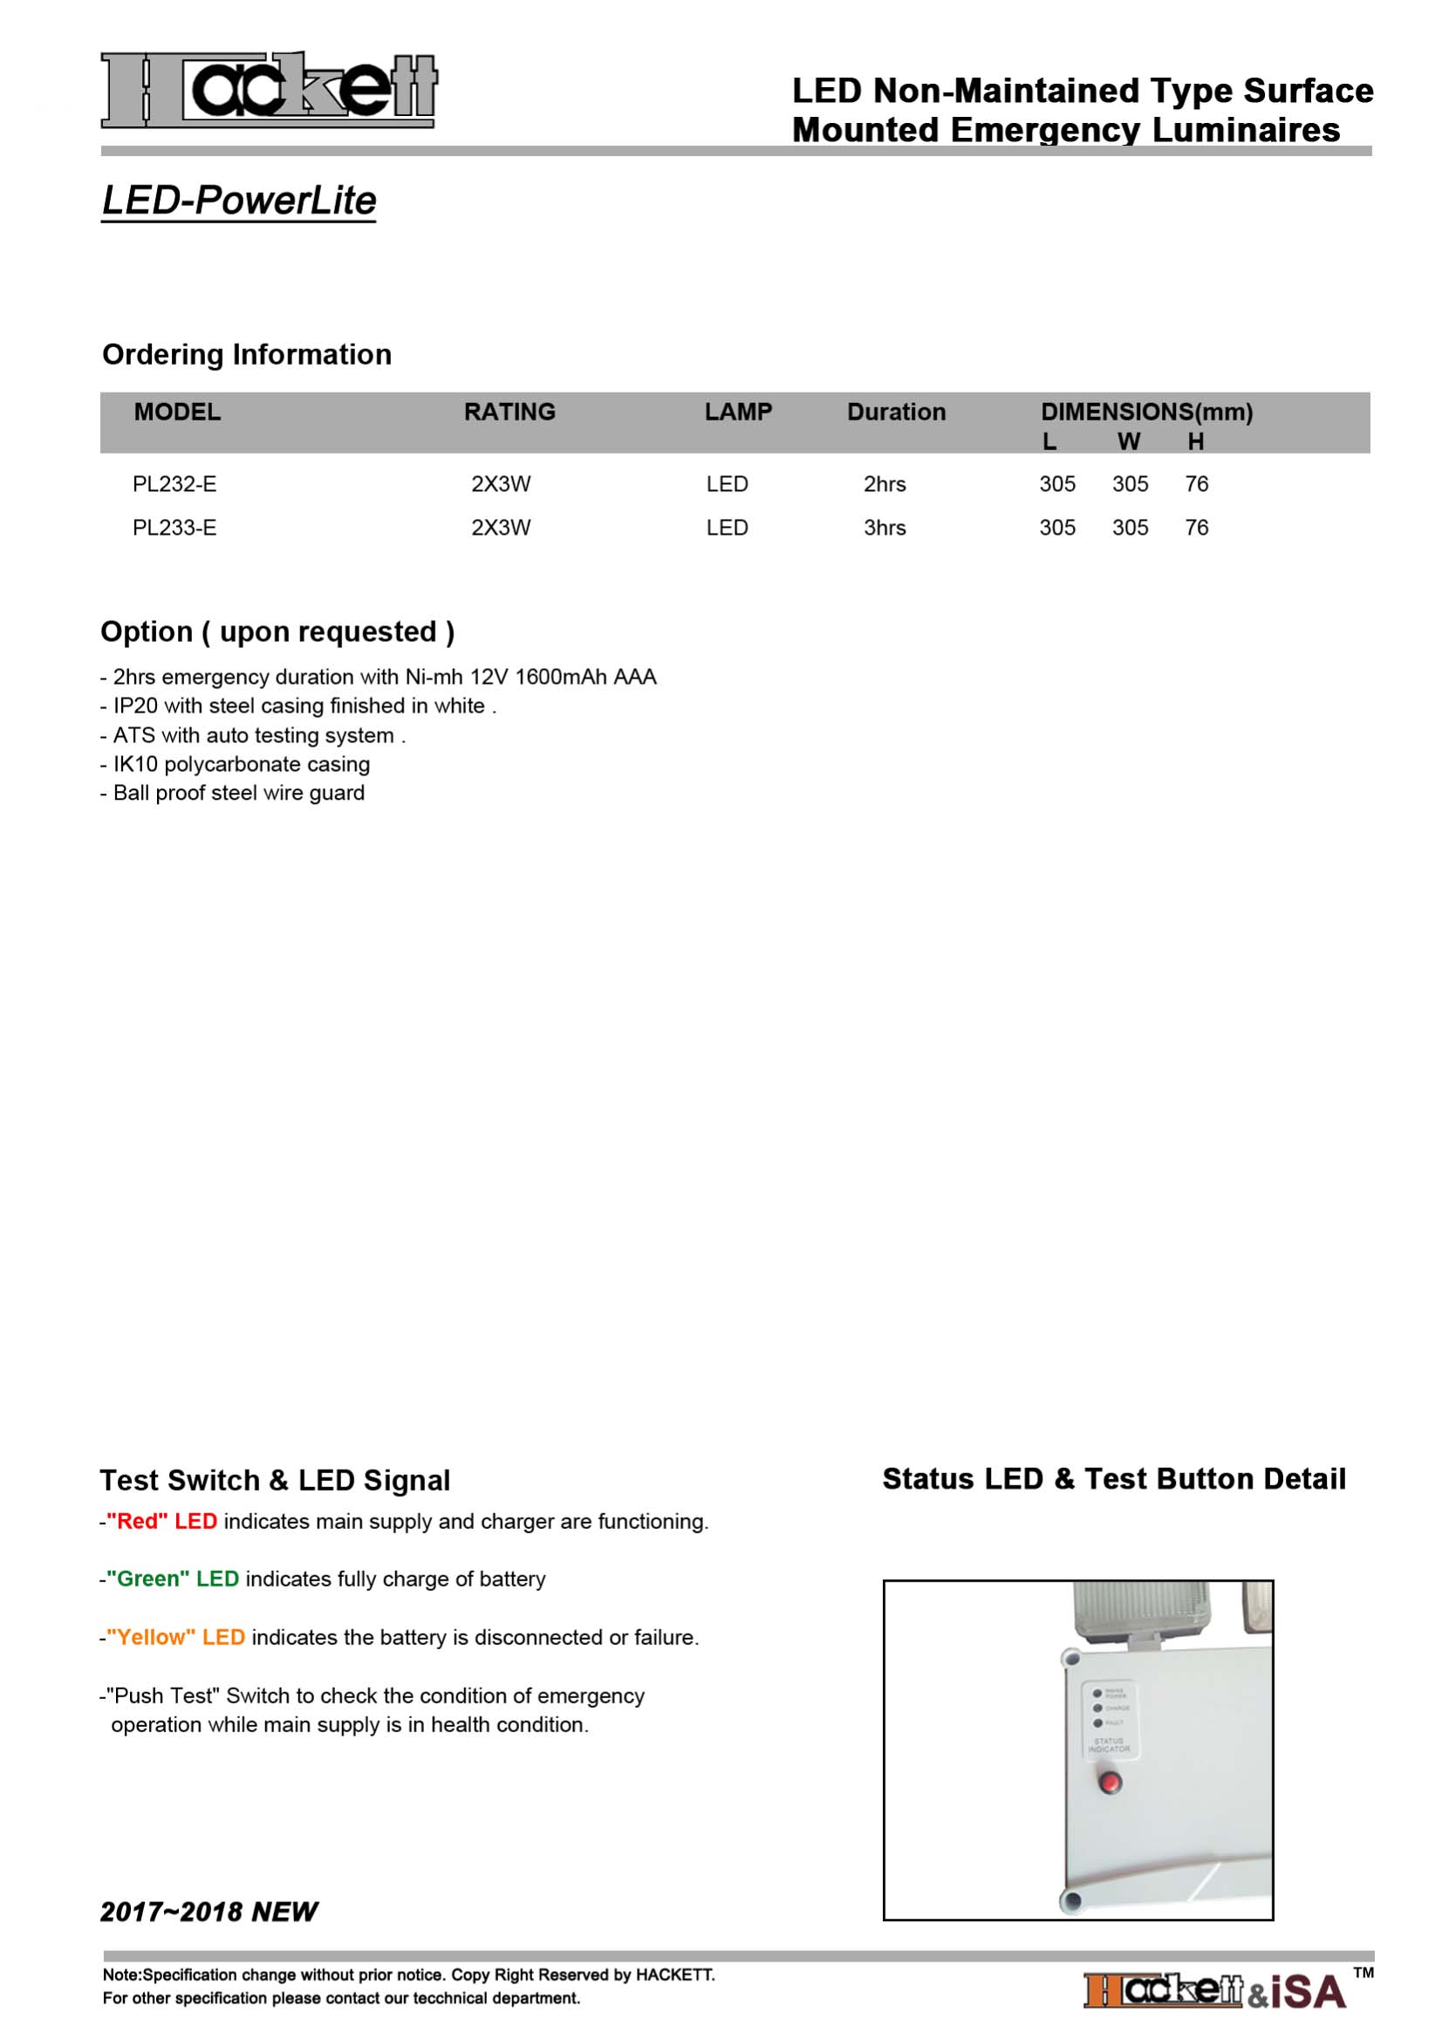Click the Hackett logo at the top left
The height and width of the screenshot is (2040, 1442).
(x=269, y=89)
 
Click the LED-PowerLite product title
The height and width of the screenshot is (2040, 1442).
(x=239, y=200)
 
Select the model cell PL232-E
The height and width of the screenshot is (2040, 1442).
(x=174, y=484)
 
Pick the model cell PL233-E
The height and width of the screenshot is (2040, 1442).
(x=174, y=528)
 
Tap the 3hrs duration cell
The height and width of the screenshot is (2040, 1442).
(x=884, y=528)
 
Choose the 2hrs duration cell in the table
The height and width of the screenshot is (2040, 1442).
(x=884, y=484)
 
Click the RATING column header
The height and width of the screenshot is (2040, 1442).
(x=509, y=413)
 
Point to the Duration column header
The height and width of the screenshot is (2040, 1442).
(x=896, y=413)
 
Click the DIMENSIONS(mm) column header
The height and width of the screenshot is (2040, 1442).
(x=1146, y=413)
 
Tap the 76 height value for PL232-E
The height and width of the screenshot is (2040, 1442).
(x=1196, y=484)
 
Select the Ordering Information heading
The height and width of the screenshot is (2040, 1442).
(x=247, y=354)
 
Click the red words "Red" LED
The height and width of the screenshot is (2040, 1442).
(x=161, y=1521)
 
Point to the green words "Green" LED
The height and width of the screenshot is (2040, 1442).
(x=173, y=1579)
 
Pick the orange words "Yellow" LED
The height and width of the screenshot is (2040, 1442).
(x=176, y=1638)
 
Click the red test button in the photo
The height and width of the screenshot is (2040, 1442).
(x=1110, y=1783)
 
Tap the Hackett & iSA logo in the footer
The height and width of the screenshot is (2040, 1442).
(x=1214, y=1991)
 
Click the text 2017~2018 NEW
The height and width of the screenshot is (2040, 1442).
(x=208, y=1912)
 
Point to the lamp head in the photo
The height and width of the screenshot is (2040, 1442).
(x=1141, y=1611)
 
